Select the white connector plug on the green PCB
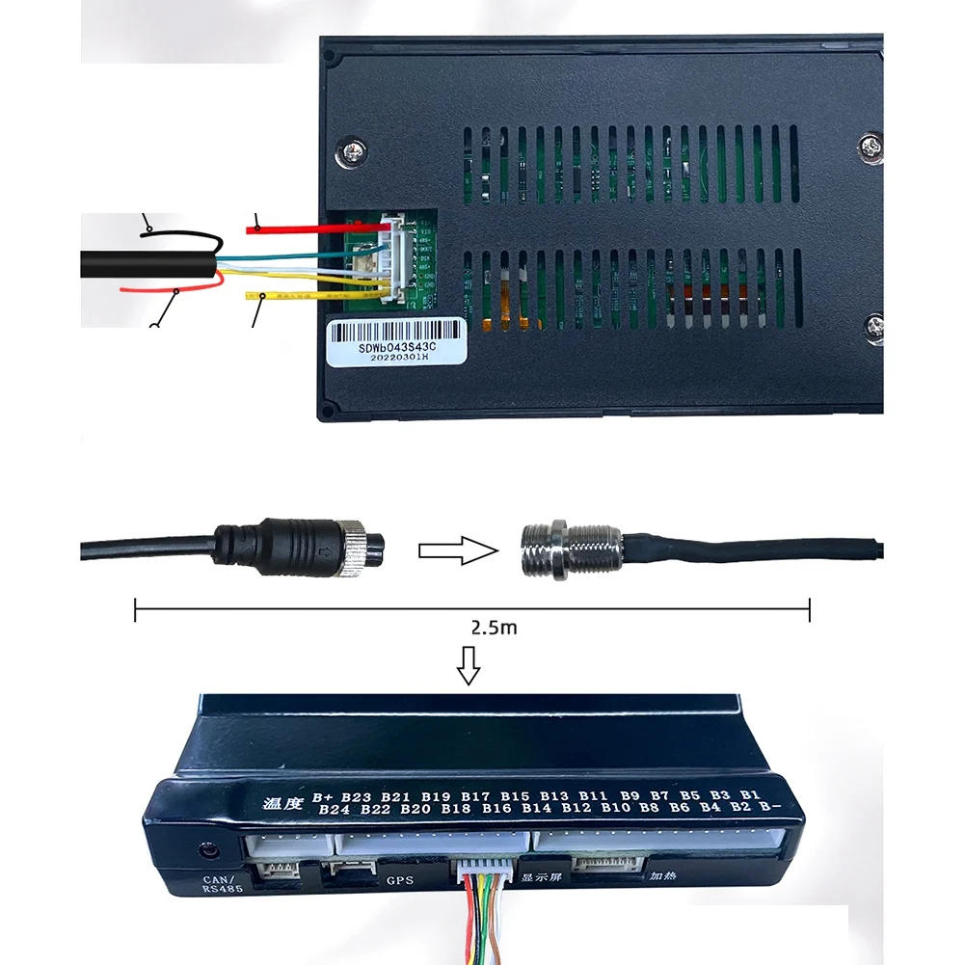pos(395,257)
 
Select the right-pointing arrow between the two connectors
pos(458,550)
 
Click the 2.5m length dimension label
pos(494,628)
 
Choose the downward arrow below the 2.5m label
pos(469,665)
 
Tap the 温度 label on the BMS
pos(283,802)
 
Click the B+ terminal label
pos(324,797)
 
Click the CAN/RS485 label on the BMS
pos(223,884)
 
